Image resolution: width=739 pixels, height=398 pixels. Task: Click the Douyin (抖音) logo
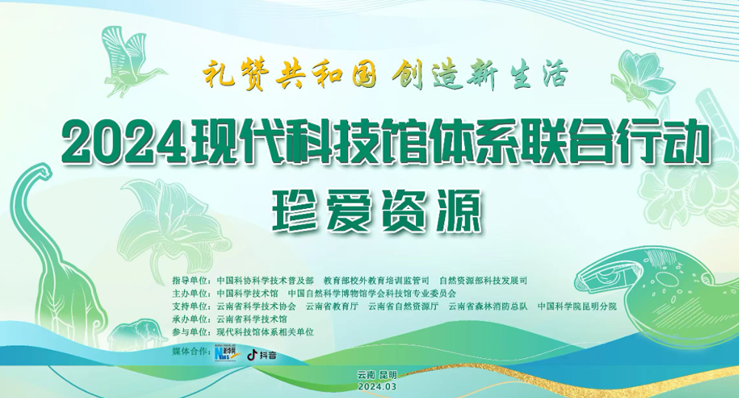tap(262, 354)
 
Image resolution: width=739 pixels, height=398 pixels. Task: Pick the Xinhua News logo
tap(228, 354)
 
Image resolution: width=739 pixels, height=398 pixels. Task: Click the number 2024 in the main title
tap(126, 140)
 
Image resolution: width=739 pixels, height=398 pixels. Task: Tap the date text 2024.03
tap(377, 387)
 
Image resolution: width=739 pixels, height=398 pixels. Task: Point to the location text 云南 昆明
tap(377, 375)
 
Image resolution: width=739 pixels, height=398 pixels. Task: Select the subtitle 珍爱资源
tap(377, 211)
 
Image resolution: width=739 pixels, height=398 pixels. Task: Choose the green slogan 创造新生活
tap(480, 76)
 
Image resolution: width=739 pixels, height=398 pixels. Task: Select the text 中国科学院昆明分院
tap(577, 306)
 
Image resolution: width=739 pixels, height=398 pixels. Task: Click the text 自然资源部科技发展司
tap(483, 281)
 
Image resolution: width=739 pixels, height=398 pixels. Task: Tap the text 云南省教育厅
tap(333, 306)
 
